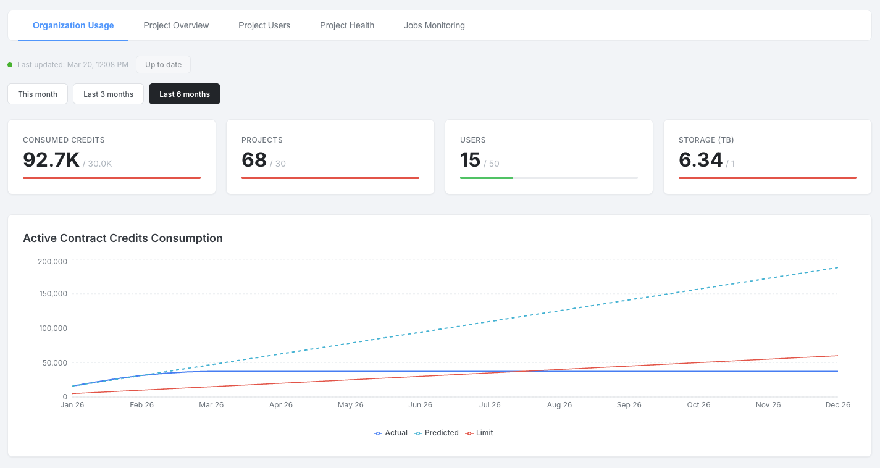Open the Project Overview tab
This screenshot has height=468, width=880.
pyautogui.click(x=176, y=25)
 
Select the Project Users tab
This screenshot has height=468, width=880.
pyautogui.click(x=264, y=25)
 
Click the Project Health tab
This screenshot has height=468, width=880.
pyautogui.click(x=347, y=25)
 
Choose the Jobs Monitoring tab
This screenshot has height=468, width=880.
pyautogui.click(x=434, y=25)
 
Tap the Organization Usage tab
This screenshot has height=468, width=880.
pyautogui.click(x=73, y=25)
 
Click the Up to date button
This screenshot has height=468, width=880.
pyautogui.click(x=164, y=64)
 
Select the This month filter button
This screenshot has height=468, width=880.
pyautogui.click(x=38, y=94)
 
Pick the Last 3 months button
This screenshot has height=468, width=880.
pyautogui.click(x=109, y=94)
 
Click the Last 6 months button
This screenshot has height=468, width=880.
pyautogui.click(x=185, y=94)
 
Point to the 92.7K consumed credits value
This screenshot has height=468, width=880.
pyautogui.click(x=51, y=160)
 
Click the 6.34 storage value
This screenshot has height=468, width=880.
pyautogui.click(x=700, y=160)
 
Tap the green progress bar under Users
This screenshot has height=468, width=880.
pyautogui.click(x=487, y=178)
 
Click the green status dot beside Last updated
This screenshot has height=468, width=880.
pyautogui.click(x=10, y=65)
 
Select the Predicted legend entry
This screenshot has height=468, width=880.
pyautogui.click(x=436, y=433)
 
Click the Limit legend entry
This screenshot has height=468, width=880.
pyautogui.click(x=479, y=433)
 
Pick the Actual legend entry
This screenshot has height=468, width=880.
pyautogui.click(x=390, y=433)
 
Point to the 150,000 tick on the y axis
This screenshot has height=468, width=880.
pyautogui.click(x=53, y=294)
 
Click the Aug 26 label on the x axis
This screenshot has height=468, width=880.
pyautogui.click(x=559, y=405)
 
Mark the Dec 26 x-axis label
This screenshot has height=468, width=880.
pyautogui.click(x=837, y=405)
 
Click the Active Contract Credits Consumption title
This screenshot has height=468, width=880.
pyautogui.click(x=123, y=238)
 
